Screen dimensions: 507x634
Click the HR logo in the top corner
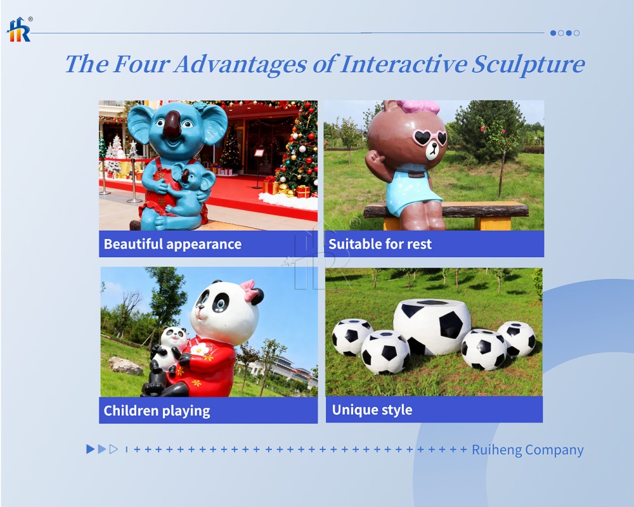point(19,30)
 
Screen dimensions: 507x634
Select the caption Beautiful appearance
point(172,244)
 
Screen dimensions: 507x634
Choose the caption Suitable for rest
point(380,244)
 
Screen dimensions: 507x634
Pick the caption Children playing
point(157,411)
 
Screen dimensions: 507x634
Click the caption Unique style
point(372,410)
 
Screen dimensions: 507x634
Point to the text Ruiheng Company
point(527,450)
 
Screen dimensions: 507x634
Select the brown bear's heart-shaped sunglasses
point(429,138)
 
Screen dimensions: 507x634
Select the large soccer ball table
point(432,325)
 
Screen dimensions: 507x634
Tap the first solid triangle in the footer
point(90,449)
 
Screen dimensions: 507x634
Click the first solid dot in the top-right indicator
point(553,33)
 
